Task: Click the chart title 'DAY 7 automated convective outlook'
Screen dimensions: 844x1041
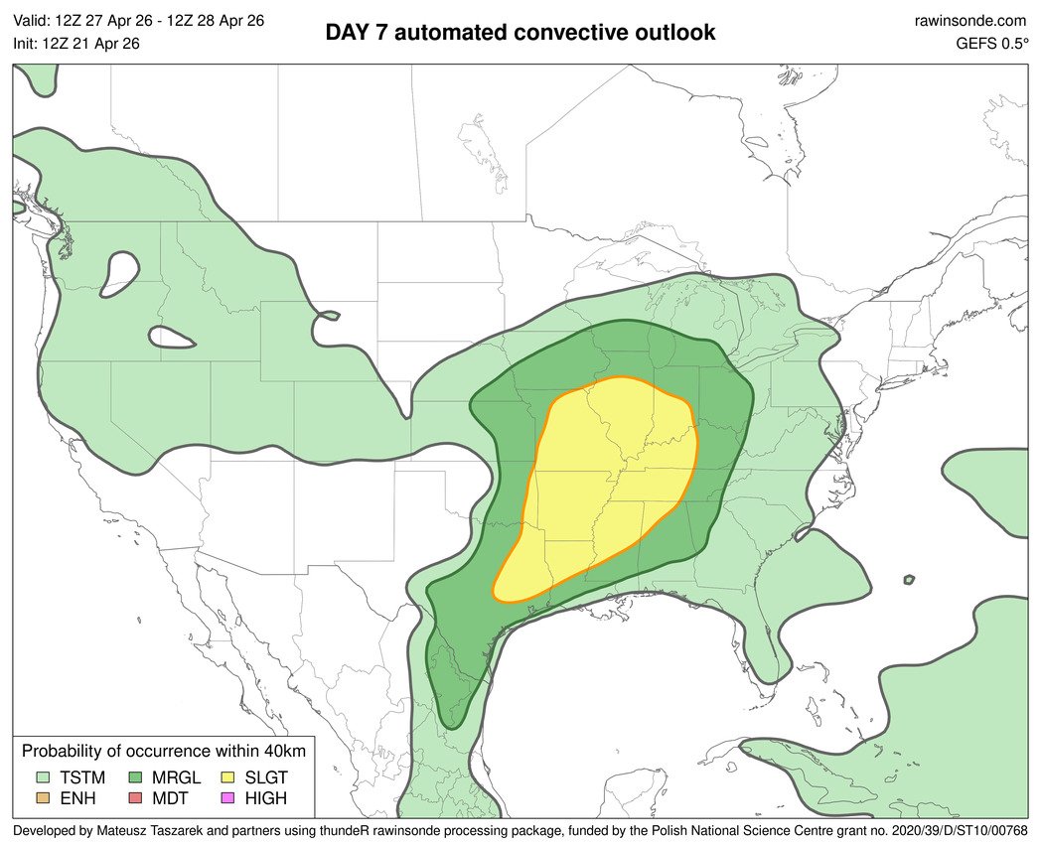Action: [520, 32]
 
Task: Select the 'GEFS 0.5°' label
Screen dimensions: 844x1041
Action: [990, 43]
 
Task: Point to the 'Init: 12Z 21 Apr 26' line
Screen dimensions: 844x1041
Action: [76, 43]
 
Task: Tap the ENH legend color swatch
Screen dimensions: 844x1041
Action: [43, 799]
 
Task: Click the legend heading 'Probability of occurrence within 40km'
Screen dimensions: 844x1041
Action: [164, 752]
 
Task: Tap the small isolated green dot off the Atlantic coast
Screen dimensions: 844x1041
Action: [908, 580]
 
